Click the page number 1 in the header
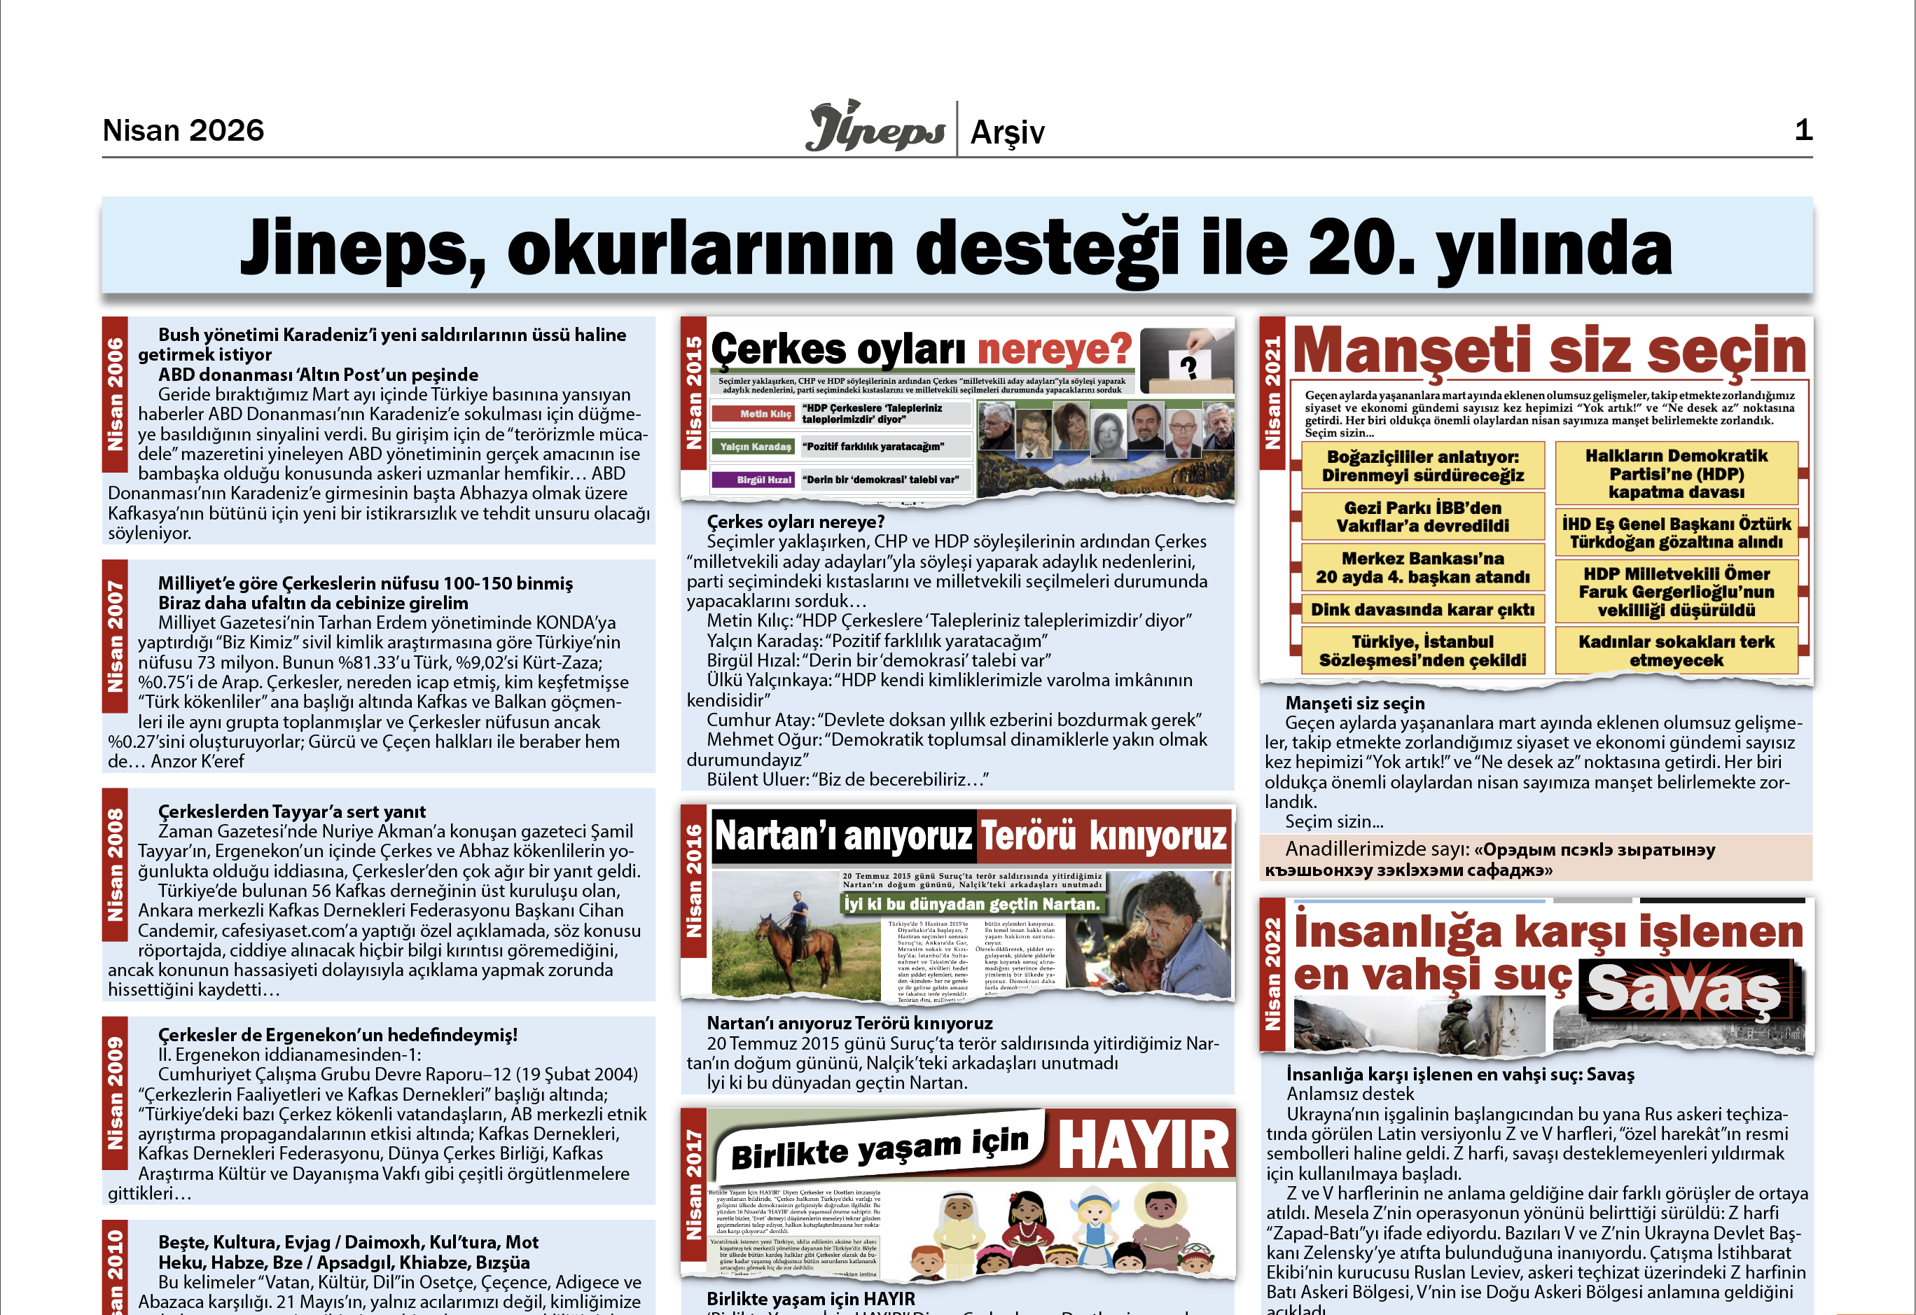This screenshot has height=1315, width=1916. point(1803,130)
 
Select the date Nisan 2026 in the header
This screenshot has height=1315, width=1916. point(183,130)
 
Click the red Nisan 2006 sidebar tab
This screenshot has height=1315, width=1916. point(115,394)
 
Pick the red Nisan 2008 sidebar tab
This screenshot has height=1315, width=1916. point(115,865)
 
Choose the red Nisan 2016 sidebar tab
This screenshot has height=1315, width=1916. point(694,880)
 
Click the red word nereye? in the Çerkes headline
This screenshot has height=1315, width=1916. point(1054,349)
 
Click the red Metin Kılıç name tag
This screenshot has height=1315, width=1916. point(754,414)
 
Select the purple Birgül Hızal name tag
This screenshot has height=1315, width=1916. point(754,480)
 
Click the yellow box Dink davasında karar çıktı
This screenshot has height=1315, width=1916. point(1422,610)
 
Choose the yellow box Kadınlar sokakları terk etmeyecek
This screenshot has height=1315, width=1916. point(1676,650)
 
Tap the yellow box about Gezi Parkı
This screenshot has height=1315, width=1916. point(1422,517)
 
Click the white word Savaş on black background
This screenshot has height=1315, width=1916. point(1683,990)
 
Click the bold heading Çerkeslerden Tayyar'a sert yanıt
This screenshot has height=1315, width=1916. point(292,812)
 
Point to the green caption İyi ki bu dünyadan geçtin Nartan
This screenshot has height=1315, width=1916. point(971,905)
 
